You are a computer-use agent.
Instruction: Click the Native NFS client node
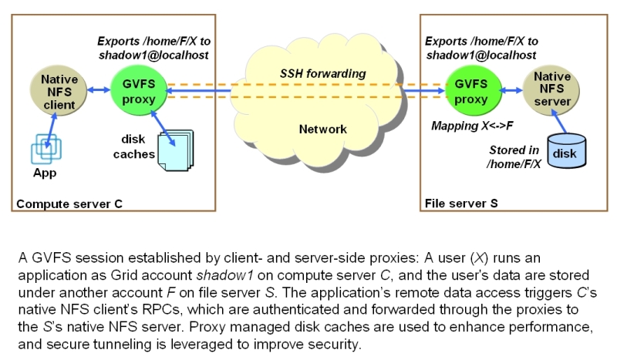pyautogui.click(x=59, y=92)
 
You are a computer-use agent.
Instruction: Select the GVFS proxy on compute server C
pyautogui.click(x=139, y=91)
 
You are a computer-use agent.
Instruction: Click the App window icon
pyautogui.click(x=45, y=149)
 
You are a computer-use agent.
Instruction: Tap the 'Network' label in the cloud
pyautogui.click(x=322, y=129)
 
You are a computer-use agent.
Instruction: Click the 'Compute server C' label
pyautogui.click(x=67, y=204)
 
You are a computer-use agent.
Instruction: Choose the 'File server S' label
pyautogui.click(x=461, y=204)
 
